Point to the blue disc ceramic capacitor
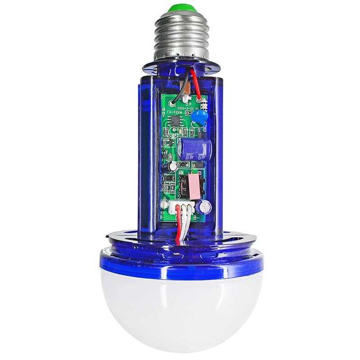(200, 120)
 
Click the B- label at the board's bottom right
(197, 217)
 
